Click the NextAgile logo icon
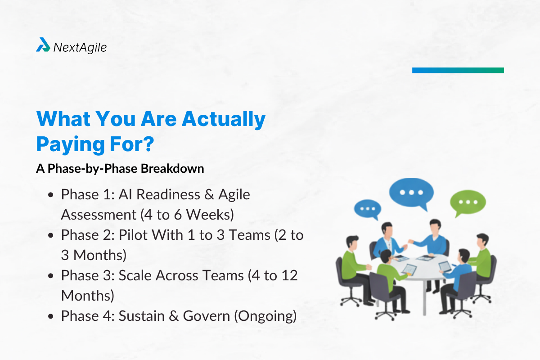point(43,45)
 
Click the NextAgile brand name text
point(80,47)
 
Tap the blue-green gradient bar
point(458,70)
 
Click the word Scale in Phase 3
point(137,275)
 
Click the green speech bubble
point(468,202)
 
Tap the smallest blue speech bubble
point(367,209)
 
